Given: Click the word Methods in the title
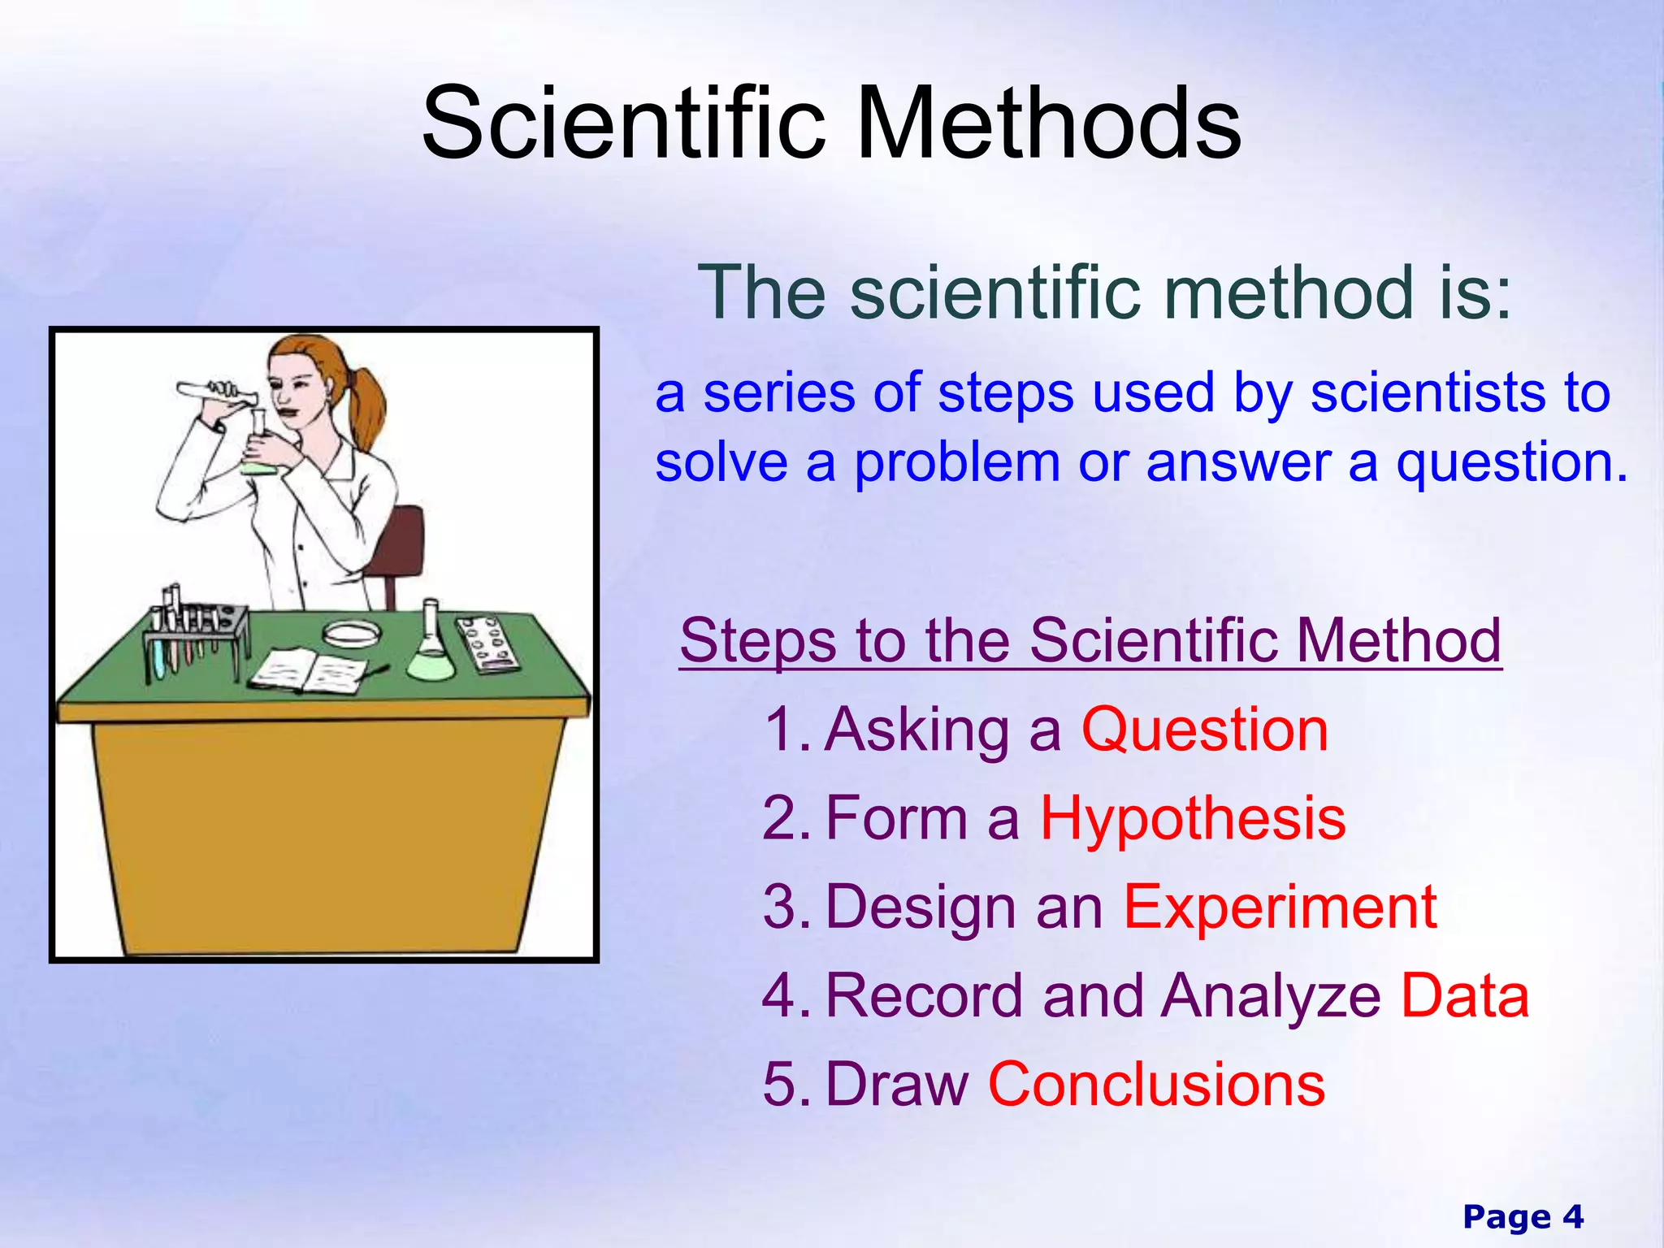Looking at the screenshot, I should (x=1048, y=123).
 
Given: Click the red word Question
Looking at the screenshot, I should (x=1204, y=730).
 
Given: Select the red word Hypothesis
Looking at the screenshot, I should (x=1193, y=818).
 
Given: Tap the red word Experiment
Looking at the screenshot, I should (x=1280, y=907).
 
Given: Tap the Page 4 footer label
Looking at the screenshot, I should (x=1523, y=1216).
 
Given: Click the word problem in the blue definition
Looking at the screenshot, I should (x=957, y=463).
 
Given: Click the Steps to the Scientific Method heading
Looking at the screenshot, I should (x=1090, y=640).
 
